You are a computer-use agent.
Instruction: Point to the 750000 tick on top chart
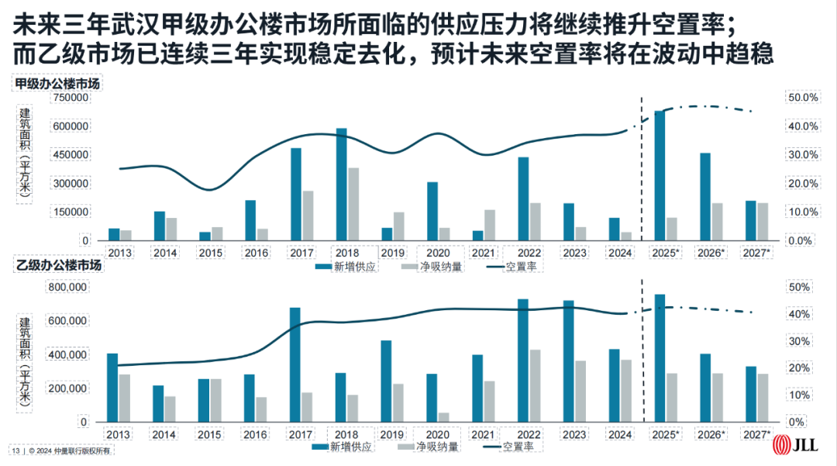tap(69, 98)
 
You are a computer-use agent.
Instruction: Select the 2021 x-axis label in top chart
tap(483, 253)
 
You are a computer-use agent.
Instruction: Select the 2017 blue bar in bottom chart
tap(294, 364)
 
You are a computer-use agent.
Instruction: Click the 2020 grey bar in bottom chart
tap(444, 417)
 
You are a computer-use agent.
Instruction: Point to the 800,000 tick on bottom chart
tap(69, 287)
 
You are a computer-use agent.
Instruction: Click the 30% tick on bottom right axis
tap(799, 341)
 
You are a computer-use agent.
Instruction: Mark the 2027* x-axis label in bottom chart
tap(756, 435)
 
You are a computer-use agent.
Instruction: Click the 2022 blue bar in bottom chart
tap(523, 361)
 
